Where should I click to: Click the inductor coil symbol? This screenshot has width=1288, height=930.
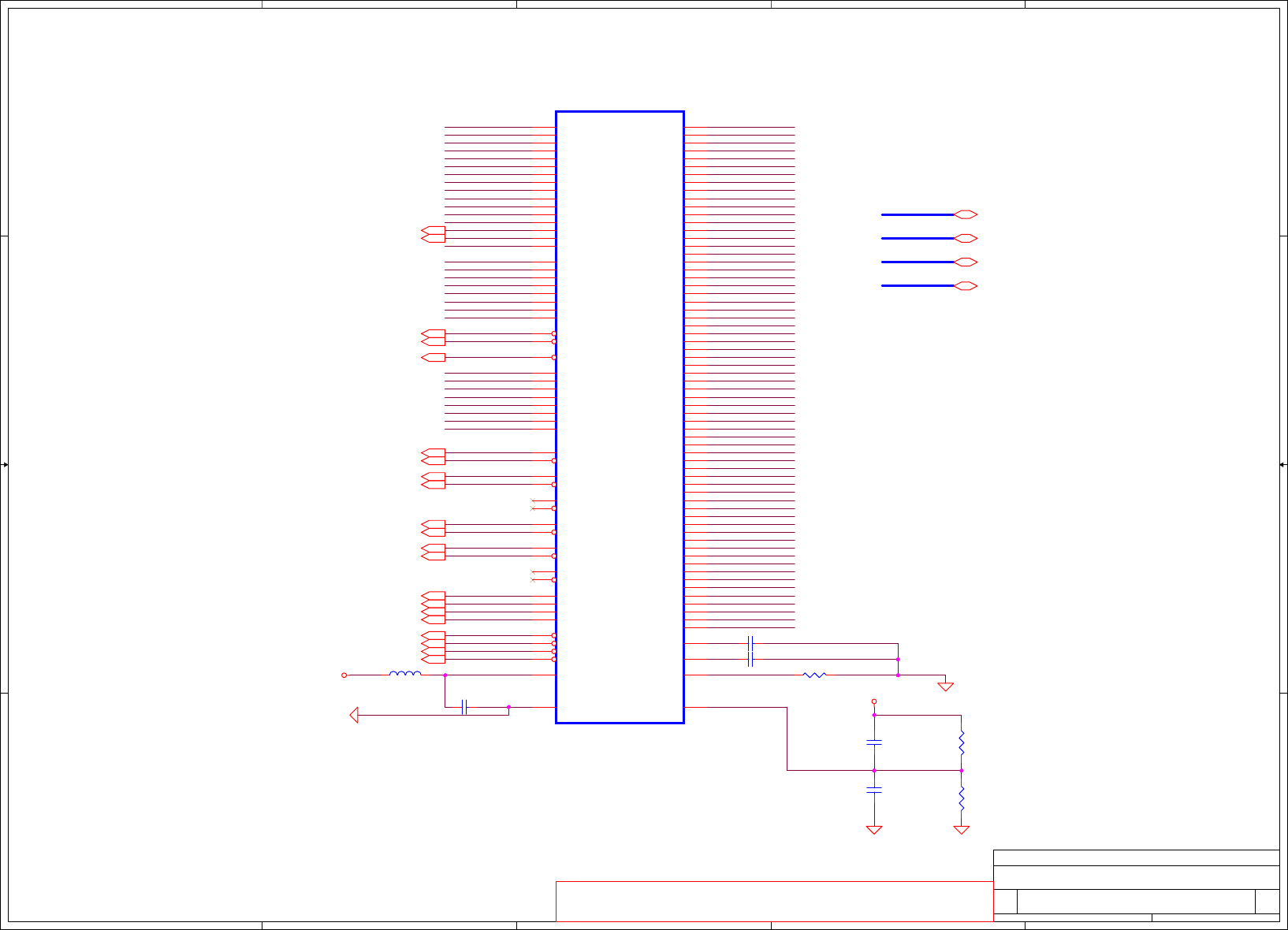[405, 674]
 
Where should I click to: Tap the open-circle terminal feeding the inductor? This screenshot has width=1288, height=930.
[344, 675]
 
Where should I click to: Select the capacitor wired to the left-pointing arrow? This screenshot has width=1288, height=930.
[464, 707]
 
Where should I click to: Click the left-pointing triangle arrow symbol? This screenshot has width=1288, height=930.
[354, 715]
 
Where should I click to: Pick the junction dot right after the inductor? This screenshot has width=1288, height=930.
[445, 675]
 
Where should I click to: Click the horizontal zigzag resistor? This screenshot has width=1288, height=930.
[814, 675]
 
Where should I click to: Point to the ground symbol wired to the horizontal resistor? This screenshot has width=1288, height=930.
[945, 686]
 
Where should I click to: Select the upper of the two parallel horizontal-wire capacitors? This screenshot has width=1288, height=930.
[750, 643]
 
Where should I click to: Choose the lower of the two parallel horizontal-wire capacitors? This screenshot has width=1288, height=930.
[750, 659]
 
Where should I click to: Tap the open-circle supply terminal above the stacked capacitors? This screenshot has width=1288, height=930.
[874, 701]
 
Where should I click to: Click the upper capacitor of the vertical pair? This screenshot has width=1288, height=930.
[874, 742]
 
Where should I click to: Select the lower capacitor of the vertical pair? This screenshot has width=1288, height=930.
[874, 789]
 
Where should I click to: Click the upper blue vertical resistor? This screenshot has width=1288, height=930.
[962, 742]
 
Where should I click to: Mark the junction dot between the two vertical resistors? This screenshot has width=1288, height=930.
[962, 770]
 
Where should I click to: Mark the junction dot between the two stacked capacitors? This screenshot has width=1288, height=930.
[874, 770]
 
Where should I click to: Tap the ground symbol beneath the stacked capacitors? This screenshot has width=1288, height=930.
[874, 829]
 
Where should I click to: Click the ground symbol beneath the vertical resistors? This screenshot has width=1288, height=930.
[962, 829]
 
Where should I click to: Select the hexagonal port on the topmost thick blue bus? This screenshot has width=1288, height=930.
[966, 214]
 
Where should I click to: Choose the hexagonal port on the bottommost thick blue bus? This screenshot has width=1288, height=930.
[966, 285]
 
